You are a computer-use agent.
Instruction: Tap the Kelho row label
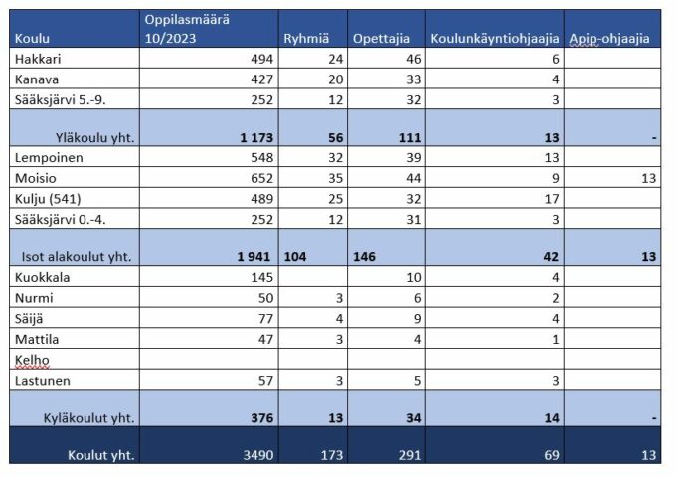31,359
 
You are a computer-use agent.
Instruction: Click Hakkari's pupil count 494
258,60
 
